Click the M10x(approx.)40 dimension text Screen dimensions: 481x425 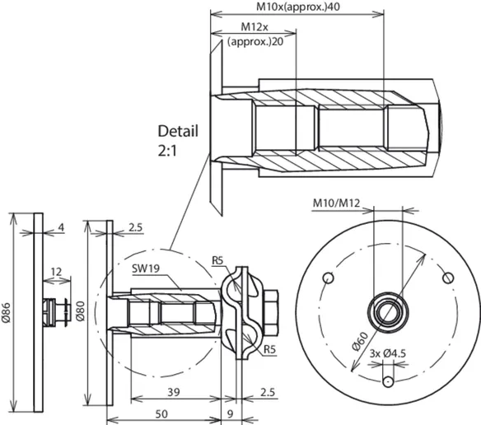click(x=298, y=7)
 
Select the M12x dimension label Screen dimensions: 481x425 click(x=255, y=27)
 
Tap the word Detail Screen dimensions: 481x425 click(x=178, y=131)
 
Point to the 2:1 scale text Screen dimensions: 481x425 click(x=167, y=151)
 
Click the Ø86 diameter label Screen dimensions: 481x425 click(x=7, y=313)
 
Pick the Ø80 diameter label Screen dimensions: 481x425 click(x=80, y=311)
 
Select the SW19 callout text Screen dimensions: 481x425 click(x=146, y=269)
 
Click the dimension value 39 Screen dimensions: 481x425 click(x=174, y=392)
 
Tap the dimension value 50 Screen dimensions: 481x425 click(x=161, y=414)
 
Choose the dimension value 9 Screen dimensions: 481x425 click(x=230, y=414)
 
